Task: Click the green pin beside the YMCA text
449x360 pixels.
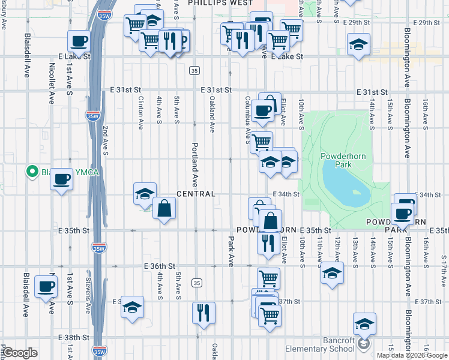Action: click(x=32, y=172)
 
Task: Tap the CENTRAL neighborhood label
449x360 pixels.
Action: click(x=196, y=194)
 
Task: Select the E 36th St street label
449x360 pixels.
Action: click(x=159, y=266)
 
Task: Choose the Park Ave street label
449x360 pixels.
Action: click(x=231, y=251)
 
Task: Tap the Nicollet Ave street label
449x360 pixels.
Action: click(x=52, y=77)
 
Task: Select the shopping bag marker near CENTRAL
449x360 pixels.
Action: click(x=164, y=209)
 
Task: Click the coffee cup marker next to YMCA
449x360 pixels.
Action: click(x=61, y=179)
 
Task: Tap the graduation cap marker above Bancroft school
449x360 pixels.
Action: click(x=364, y=324)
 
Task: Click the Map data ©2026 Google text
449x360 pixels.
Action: click(x=411, y=355)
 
